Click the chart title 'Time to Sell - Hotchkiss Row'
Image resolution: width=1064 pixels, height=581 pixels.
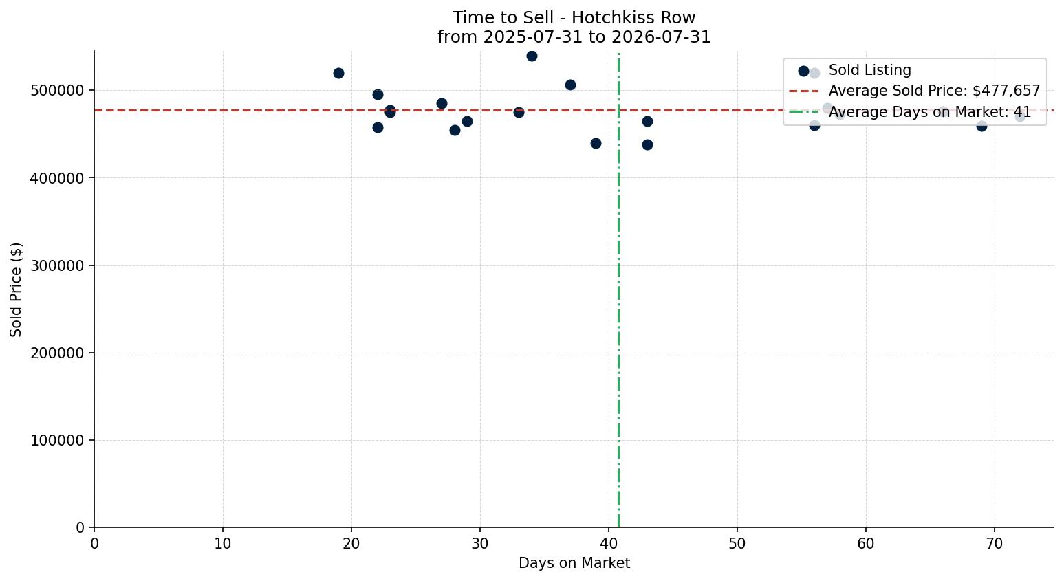click(x=574, y=18)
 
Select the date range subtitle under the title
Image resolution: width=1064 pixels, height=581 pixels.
click(x=574, y=36)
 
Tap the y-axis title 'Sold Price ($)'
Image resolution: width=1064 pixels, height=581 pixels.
click(x=16, y=289)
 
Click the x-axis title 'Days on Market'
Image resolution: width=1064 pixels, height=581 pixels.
click(x=574, y=563)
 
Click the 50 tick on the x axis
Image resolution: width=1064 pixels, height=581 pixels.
click(x=737, y=543)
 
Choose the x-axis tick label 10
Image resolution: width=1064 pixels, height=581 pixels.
click(x=223, y=543)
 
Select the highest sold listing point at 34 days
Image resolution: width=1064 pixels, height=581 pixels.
click(x=532, y=56)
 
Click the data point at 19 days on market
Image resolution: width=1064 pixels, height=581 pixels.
click(x=338, y=73)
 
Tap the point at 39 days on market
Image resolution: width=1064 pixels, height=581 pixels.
click(x=596, y=143)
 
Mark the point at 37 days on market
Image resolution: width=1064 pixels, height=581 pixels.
click(x=570, y=85)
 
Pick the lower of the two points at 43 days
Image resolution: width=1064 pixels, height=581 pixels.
click(x=647, y=145)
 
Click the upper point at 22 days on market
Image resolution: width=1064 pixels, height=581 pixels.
click(x=378, y=94)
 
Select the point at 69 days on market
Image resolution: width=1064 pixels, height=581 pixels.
click(x=982, y=127)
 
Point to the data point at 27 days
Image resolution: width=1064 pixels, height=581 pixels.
click(x=442, y=103)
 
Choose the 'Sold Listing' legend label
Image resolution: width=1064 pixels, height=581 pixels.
click(x=870, y=70)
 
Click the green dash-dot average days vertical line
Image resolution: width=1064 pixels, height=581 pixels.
click(x=618, y=290)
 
